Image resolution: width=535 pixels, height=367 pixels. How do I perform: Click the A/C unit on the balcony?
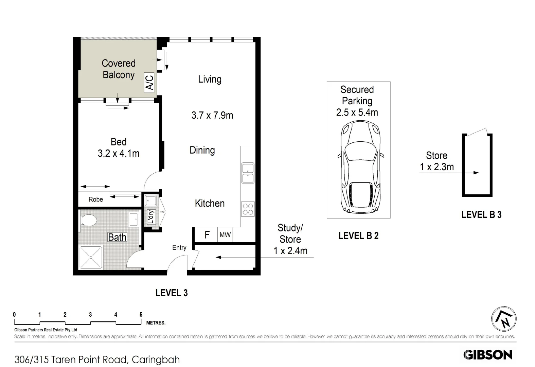click(149, 82)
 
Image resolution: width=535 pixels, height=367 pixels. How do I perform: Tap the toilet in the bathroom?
click(89, 221)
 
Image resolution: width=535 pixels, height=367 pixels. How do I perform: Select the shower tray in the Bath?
click(91, 257)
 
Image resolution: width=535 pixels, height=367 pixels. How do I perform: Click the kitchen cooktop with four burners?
click(248, 209)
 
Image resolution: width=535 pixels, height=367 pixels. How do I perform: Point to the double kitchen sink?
click(248, 173)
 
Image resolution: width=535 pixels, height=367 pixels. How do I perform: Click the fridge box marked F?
click(207, 234)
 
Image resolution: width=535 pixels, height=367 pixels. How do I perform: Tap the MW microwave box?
click(225, 234)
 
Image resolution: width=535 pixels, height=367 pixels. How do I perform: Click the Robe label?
click(95, 199)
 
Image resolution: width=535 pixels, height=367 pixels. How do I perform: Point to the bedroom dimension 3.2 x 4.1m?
click(119, 154)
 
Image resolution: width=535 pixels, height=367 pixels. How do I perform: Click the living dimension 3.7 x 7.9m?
click(212, 116)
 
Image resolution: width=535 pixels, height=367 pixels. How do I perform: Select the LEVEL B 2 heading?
click(358, 235)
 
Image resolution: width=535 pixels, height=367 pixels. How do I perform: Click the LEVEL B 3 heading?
click(481, 214)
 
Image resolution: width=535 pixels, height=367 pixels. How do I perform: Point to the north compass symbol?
click(504, 319)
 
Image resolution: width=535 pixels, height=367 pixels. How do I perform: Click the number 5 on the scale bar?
click(141, 315)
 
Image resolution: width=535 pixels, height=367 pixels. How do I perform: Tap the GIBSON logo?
click(488, 354)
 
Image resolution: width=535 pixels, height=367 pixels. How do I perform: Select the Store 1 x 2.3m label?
click(436, 161)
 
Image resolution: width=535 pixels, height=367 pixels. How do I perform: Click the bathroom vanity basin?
click(133, 219)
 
